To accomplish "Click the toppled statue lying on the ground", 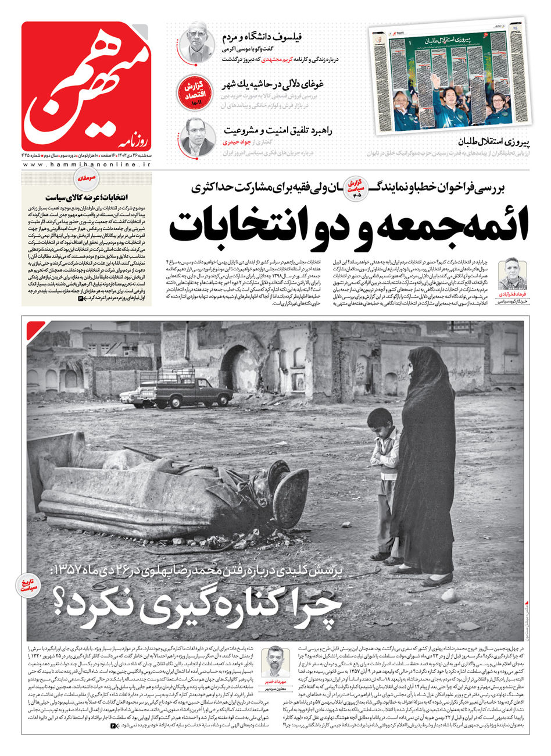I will coord(174,488).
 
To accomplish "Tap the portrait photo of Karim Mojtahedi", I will coord(196,42).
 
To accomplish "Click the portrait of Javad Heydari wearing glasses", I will coord(196,137).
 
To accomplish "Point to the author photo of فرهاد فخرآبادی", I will coord(512,273).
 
